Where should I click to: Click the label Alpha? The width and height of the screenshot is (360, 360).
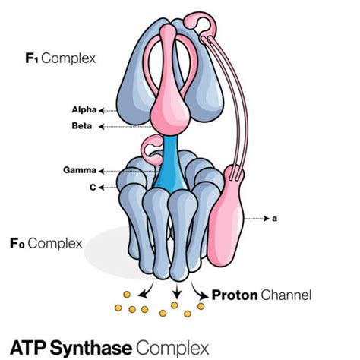pyautogui.click(x=83, y=110)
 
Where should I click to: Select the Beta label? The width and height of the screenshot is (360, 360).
pyautogui.click(x=83, y=126)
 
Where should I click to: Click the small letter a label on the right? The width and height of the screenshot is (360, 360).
pyautogui.click(x=274, y=219)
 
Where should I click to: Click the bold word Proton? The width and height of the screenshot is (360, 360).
pyautogui.click(x=236, y=294)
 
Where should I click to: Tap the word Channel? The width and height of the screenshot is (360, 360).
pyautogui.click(x=288, y=294)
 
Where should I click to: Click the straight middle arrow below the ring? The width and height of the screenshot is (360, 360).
pyautogui.click(x=176, y=290)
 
